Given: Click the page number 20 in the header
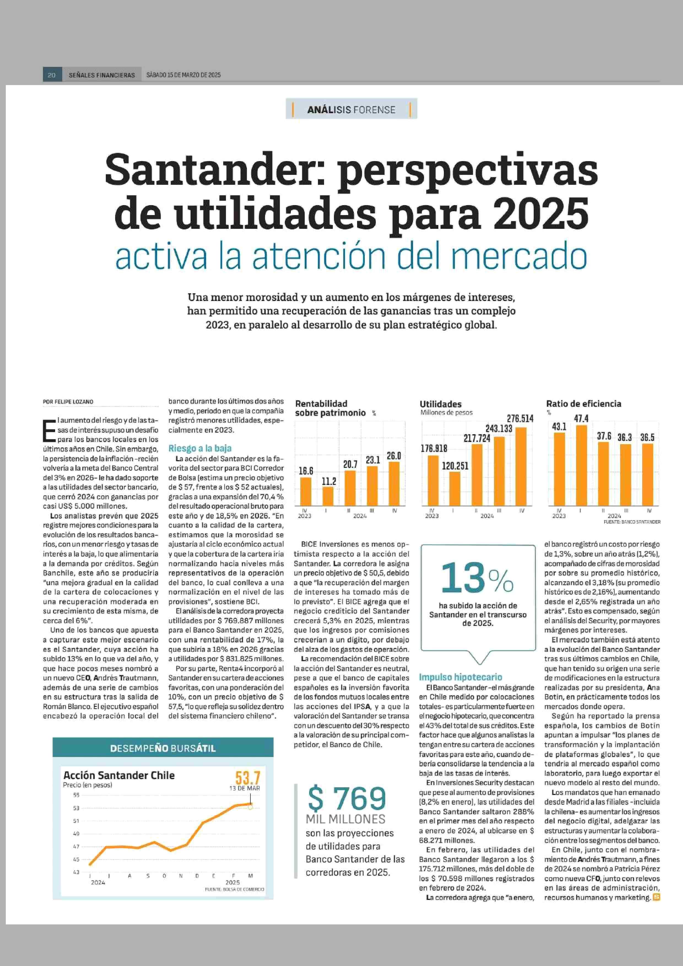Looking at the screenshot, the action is coord(52,75).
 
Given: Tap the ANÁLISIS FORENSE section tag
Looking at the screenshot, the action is coord(351,109).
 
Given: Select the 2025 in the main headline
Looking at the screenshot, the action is coord(541,213).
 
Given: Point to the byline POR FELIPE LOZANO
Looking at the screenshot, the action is coord(68,402).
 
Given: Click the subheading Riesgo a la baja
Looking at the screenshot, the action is coord(200,448).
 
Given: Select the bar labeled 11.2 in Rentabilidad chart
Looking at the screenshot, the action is coord(328,496).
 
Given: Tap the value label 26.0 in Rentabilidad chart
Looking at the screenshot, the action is coord(394,456).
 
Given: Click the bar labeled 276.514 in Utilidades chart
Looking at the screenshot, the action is coord(520,466).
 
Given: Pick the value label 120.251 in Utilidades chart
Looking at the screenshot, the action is coord(455,466).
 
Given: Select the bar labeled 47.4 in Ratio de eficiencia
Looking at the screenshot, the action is coord(581,465).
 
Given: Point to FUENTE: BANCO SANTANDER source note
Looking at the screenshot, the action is coord(632,522).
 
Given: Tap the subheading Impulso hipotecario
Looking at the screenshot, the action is coord(460,677).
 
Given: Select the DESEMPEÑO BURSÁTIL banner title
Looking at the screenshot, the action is coord(163,748).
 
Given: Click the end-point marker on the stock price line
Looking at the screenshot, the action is coord(250,807).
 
